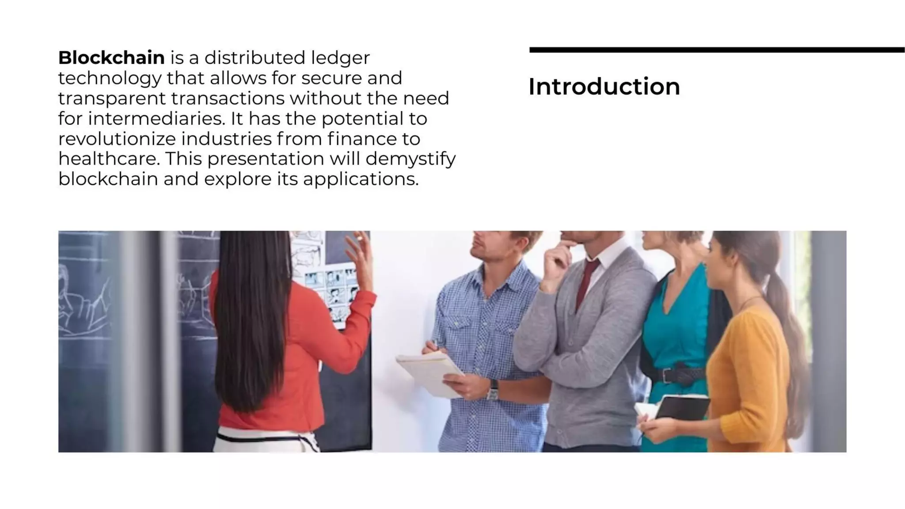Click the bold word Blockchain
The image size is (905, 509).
(x=111, y=58)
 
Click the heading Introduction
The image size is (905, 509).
(x=604, y=87)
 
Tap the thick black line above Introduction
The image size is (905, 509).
(x=716, y=50)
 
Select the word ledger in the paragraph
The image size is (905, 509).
(x=340, y=58)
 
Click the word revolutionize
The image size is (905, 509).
(x=117, y=139)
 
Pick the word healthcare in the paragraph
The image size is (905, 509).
(x=109, y=159)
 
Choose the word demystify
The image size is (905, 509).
(x=410, y=159)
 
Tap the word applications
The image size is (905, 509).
(x=360, y=179)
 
